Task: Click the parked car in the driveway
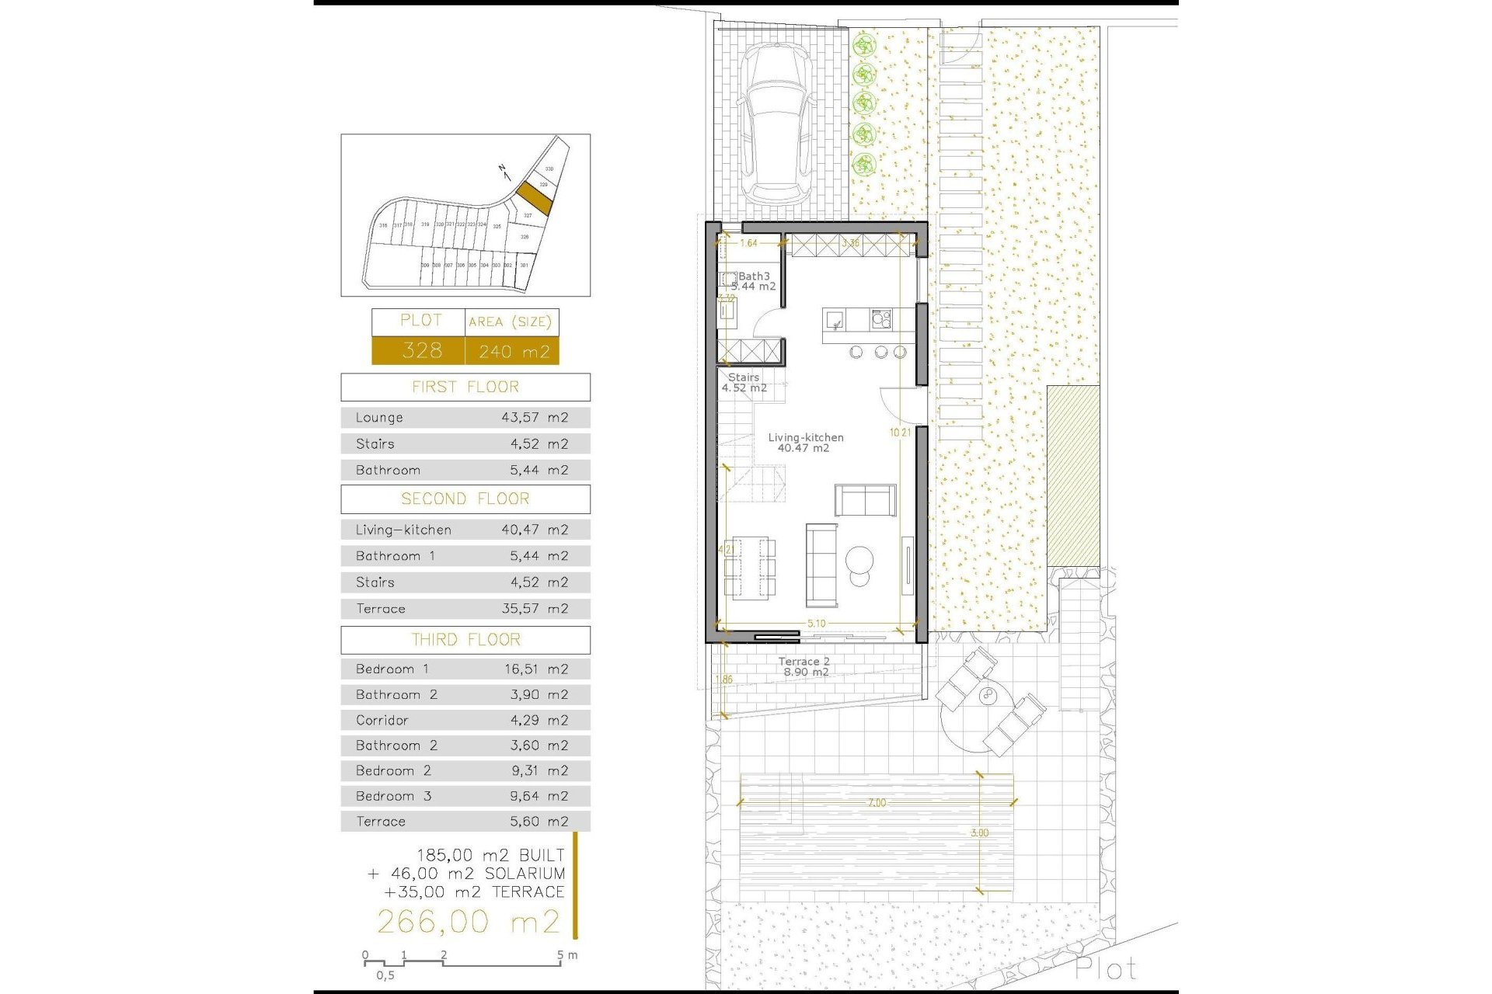[776, 124]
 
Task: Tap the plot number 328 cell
[421, 350]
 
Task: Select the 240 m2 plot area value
[514, 352]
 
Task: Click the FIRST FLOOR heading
[465, 387]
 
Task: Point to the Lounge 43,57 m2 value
[534, 417]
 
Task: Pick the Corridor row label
[382, 720]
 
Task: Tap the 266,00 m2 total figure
[468, 922]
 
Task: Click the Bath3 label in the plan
[753, 276]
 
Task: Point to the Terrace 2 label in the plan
[804, 662]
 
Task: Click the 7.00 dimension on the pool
[877, 803]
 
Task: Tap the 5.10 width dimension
[816, 623]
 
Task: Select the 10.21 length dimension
[900, 433]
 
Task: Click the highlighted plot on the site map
[535, 199]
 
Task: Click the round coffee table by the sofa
[859, 558]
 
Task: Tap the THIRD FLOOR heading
[465, 639]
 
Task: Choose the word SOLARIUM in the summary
[525, 874]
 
